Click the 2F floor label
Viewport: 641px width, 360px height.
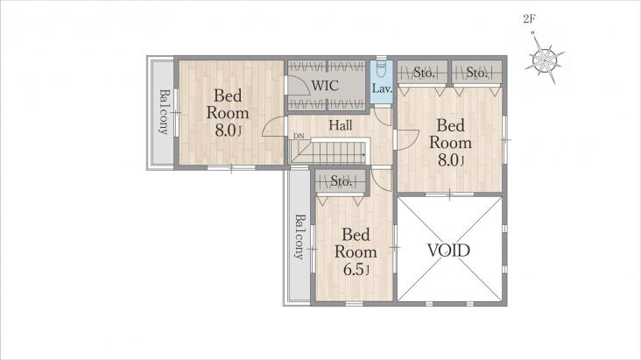[x=529, y=18]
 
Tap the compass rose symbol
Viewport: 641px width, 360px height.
[x=545, y=60]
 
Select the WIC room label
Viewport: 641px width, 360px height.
[x=325, y=86]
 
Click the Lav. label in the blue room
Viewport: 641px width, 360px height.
[x=382, y=88]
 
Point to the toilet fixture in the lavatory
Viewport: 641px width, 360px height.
[x=382, y=68]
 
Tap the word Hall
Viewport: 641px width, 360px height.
[x=341, y=125]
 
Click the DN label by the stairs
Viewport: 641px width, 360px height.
[x=298, y=137]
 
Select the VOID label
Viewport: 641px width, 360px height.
[x=449, y=250]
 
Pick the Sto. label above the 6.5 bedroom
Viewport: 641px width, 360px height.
[x=341, y=180]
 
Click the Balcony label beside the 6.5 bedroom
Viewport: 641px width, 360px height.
[x=300, y=236]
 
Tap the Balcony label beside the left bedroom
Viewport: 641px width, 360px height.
[x=164, y=112]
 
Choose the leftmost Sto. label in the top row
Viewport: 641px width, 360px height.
[x=424, y=73]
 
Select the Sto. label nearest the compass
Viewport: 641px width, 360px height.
[x=476, y=73]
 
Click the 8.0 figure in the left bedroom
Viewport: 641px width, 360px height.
[x=226, y=131]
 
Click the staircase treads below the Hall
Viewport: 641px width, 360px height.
[x=329, y=152]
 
